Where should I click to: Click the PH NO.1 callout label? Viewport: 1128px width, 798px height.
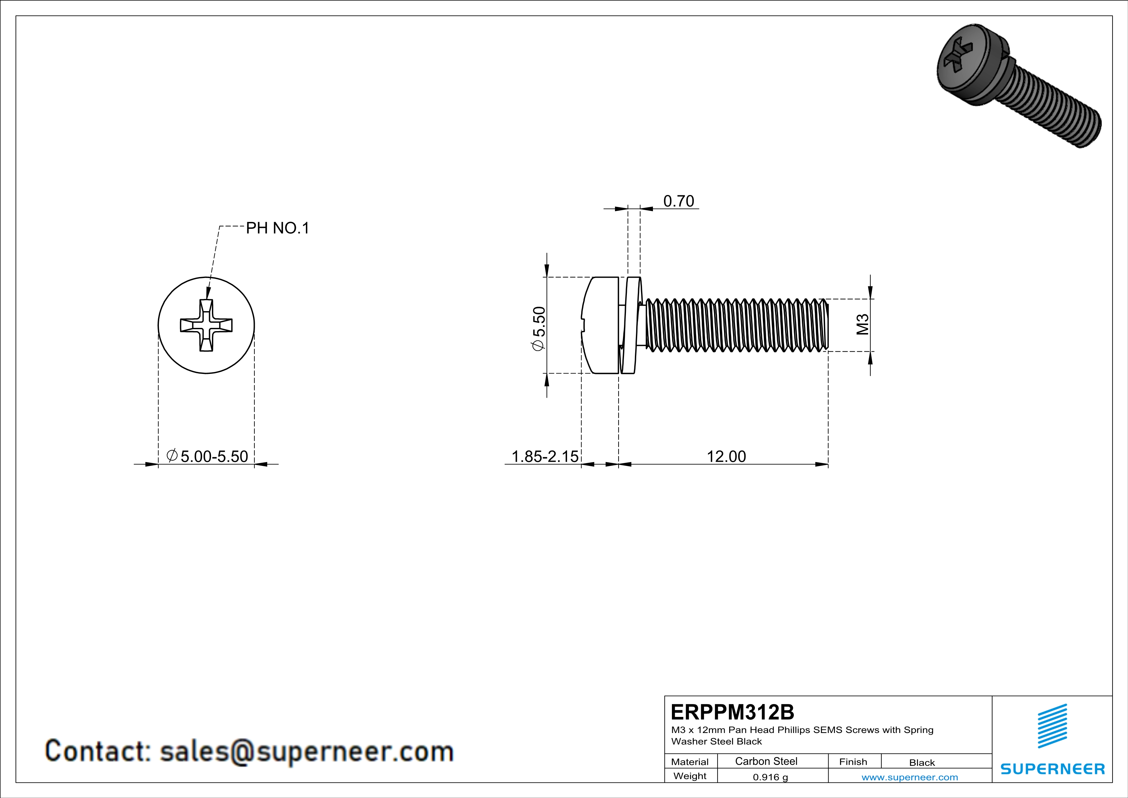(278, 228)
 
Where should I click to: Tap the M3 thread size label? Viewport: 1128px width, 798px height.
(863, 325)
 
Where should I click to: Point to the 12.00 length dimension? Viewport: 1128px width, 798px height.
(726, 457)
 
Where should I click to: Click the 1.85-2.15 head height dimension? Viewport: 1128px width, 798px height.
(545, 457)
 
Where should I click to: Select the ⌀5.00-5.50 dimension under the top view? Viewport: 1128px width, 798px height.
(207, 457)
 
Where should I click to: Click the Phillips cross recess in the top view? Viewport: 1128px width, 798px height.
(206, 325)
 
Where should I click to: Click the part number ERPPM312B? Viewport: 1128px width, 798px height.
(732, 712)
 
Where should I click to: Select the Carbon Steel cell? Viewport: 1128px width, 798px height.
(766, 761)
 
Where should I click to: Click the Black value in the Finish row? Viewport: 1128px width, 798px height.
(922, 763)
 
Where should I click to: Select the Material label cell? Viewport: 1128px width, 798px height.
(690, 762)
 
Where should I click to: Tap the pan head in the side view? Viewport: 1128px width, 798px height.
(601, 325)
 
